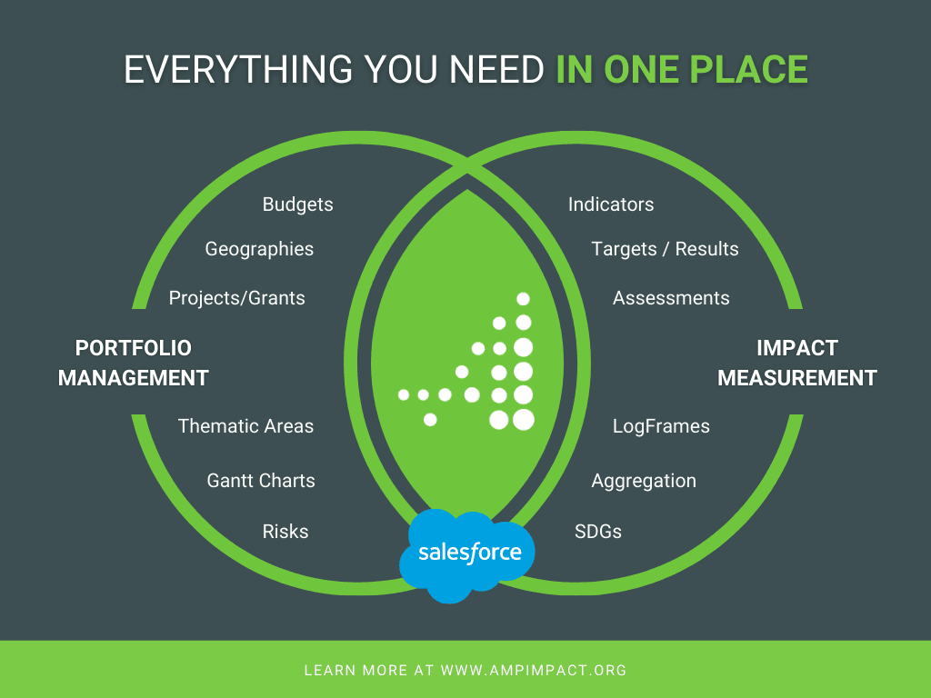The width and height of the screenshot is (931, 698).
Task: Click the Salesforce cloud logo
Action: (468, 552)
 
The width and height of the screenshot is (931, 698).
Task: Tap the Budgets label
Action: (297, 204)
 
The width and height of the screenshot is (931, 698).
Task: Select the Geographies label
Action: (259, 249)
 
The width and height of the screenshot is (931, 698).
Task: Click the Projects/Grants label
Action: (236, 298)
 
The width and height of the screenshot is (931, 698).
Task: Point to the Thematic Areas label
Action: (245, 426)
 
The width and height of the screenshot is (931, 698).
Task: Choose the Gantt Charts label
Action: (261, 481)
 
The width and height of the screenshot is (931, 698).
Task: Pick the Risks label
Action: (285, 532)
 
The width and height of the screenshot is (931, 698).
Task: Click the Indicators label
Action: (611, 204)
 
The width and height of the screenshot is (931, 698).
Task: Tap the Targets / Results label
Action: (665, 249)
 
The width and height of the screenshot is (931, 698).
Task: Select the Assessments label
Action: (671, 298)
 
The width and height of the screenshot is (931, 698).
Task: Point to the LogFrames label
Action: (661, 426)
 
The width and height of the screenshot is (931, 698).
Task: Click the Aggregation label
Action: (644, 481)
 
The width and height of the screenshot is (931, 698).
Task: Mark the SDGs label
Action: (598, 532)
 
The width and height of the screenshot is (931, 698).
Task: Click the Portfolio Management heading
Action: (134, 363)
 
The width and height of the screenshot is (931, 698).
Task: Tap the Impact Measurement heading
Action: (797, 363)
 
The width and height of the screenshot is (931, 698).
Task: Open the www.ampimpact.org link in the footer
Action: (534, 671)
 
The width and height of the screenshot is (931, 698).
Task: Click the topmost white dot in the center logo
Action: (523, 299)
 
